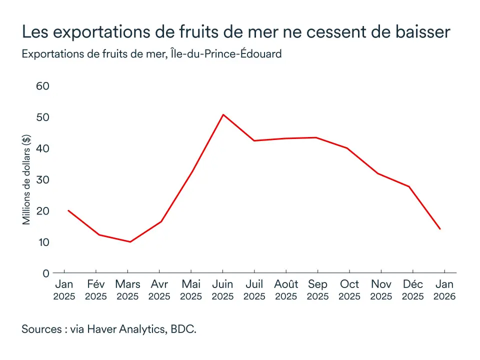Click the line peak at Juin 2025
coord(223,114)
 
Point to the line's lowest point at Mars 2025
coord(130,242)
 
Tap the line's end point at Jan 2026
coord(440,229)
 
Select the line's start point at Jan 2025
coord(68,210)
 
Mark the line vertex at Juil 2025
coord(254,140)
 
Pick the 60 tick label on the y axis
coord(43,86)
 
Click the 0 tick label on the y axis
coord(46,273)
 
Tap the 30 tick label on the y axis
coord(43,179)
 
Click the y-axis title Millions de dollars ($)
coord(27,179)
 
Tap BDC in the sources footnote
coord(183,329)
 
